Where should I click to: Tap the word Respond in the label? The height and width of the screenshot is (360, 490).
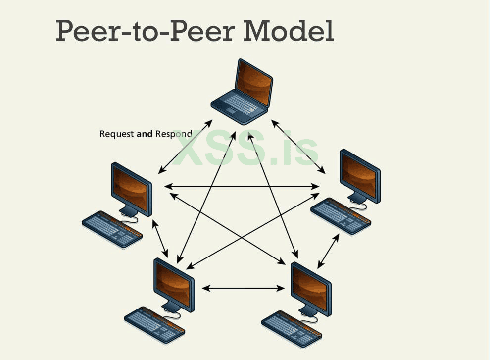173,134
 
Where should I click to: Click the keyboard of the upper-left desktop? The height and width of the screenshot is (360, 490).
112,228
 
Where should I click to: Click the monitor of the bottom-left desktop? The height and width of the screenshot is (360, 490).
174,284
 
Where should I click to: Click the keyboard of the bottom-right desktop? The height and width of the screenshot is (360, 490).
292,328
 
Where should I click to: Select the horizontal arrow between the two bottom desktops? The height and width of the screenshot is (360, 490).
243,288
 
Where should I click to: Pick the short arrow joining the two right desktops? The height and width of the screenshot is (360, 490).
328,251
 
